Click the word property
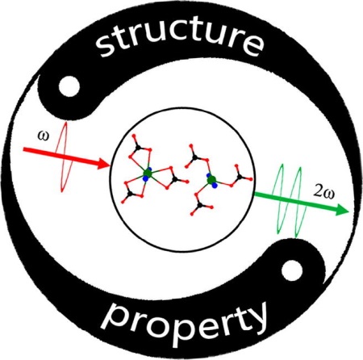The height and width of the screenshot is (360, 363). [x=186, y=321]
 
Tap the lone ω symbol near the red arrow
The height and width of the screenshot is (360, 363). [x=44, y=136]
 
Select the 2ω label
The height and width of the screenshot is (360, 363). [x=324, y=193]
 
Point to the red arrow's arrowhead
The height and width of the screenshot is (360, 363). [x=103, y=164]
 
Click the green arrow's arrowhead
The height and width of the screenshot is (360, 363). [x=342, y=209]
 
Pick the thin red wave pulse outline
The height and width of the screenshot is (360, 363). [x=65, y=157]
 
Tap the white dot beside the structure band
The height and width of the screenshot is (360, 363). [x=69, y=86]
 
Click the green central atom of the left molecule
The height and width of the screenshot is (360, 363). [x=148, y=173]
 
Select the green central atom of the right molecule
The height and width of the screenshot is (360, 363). [x=212, y=179]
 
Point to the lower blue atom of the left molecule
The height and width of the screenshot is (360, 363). [x=146, y=178]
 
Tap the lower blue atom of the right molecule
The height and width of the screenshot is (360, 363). [x=215, y=185]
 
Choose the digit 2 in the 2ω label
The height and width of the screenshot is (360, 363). [x=317, y=193]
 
